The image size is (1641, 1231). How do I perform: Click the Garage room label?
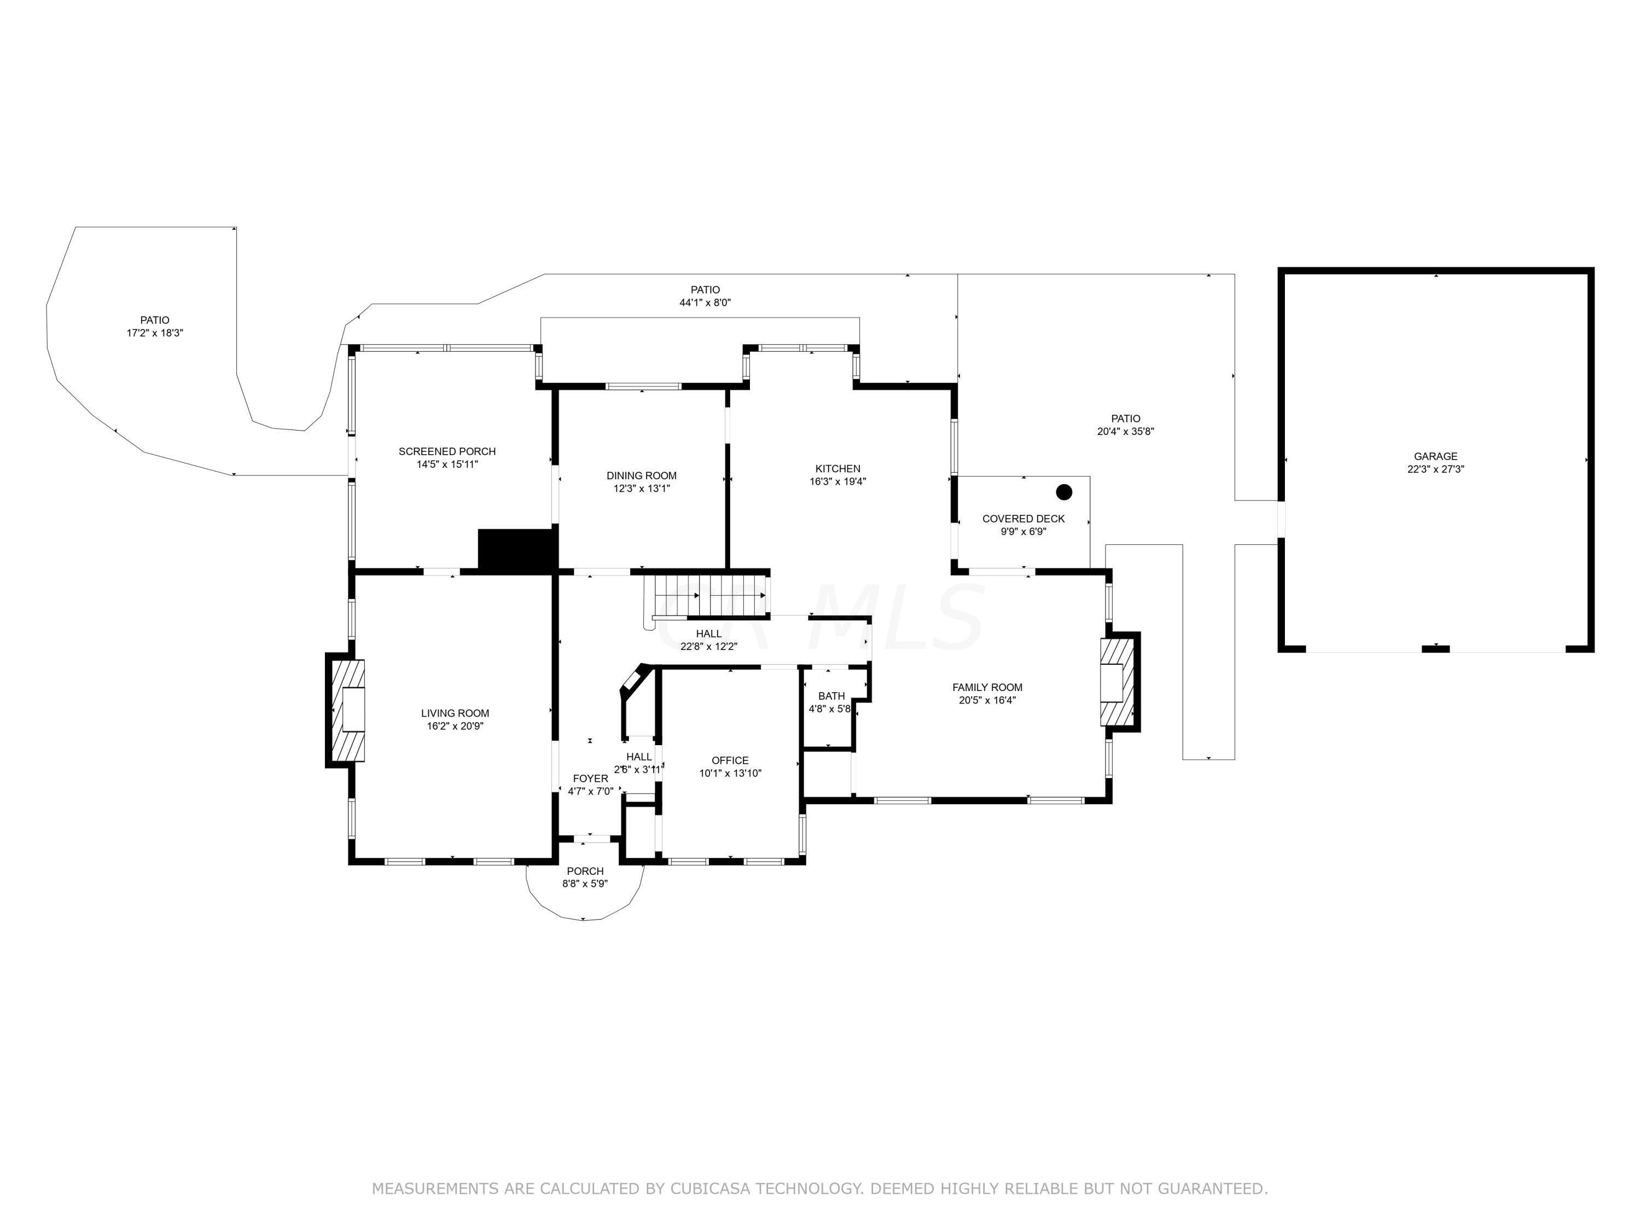(x=1435, y=456)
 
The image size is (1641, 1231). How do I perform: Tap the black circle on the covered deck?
(x=1064, y=492)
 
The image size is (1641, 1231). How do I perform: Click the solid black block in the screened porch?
(x=517, y=550)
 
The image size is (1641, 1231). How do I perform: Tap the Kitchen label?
(x=837, y=469)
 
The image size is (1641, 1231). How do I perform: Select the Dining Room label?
(x=641, y=475)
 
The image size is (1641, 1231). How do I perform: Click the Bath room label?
(x=831, y=696)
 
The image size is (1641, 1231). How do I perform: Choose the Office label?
(x=730, y=760)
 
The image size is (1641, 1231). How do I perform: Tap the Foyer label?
(x=591, y=779)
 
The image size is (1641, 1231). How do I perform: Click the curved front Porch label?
(x=585, y=871)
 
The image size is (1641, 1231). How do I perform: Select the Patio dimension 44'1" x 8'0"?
(x=705, y=303)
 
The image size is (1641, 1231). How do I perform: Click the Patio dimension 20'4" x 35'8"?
(x=1125, y=431)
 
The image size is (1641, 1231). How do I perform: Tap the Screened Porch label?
(x=446, y=451)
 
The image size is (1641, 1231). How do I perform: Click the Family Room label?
(x=987, y=688)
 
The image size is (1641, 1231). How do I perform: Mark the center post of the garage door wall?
(x=1435, y=648)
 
